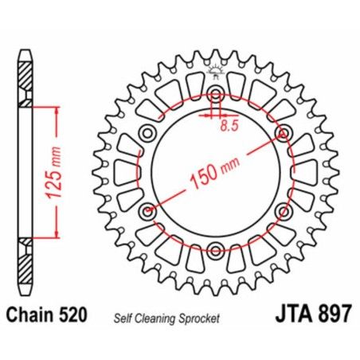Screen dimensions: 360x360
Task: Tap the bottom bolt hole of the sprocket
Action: (x=216, y=252)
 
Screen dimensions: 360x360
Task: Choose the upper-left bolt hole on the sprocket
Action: (x=147, y=133)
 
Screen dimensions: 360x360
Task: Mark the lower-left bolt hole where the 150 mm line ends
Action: (x=147, y=212)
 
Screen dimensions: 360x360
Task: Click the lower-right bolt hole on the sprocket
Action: (x=284, y=212)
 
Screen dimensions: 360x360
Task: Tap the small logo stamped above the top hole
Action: (x=216, y=74)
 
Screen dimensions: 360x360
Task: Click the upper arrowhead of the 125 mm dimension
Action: (x=56, y=109)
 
